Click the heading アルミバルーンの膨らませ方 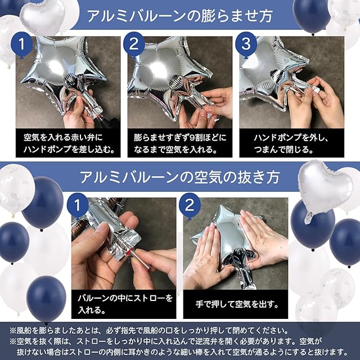coord(179,16)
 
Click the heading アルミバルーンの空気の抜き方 coord(179,177)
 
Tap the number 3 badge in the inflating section coord(246,44)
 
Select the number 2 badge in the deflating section coord(190,205)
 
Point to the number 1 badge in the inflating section coord(22,44)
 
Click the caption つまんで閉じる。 coord(283,150)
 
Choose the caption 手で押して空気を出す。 coord(237,304)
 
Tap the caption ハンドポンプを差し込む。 coord(69,150)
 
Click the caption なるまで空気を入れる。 coord(175,150)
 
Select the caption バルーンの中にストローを coord(125,298)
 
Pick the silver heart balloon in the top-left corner coord(43,16)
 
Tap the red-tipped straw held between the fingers coord(137,259)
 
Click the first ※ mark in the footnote coord(13,331)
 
